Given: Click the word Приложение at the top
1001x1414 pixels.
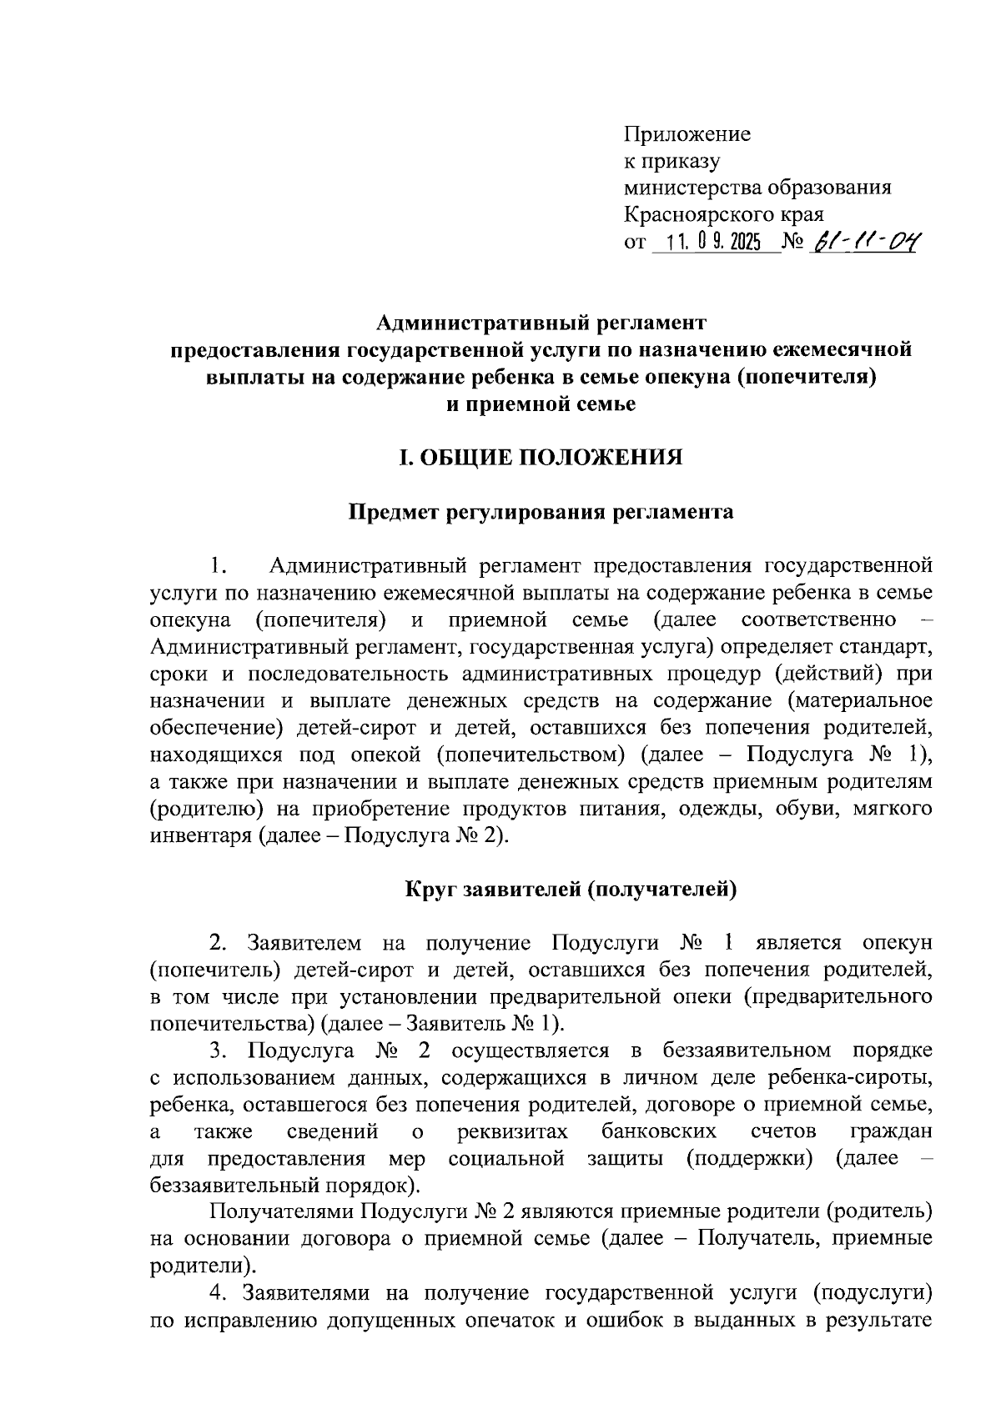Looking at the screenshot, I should (687, 134).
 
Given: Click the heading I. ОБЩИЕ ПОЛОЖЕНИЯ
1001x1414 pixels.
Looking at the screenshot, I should (541, 458).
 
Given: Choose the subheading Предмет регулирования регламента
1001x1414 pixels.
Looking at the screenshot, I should (541, 512).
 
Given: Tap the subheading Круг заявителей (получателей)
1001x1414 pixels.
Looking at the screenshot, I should (571, 890).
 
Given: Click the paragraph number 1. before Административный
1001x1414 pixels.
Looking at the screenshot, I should (218, 567).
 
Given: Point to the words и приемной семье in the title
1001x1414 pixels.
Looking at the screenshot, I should (541, 404).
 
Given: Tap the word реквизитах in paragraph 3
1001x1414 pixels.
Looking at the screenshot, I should (513, 1131).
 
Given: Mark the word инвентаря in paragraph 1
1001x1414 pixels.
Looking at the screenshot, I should (201, 835).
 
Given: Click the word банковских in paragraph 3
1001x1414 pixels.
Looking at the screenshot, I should (659, 1131).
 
